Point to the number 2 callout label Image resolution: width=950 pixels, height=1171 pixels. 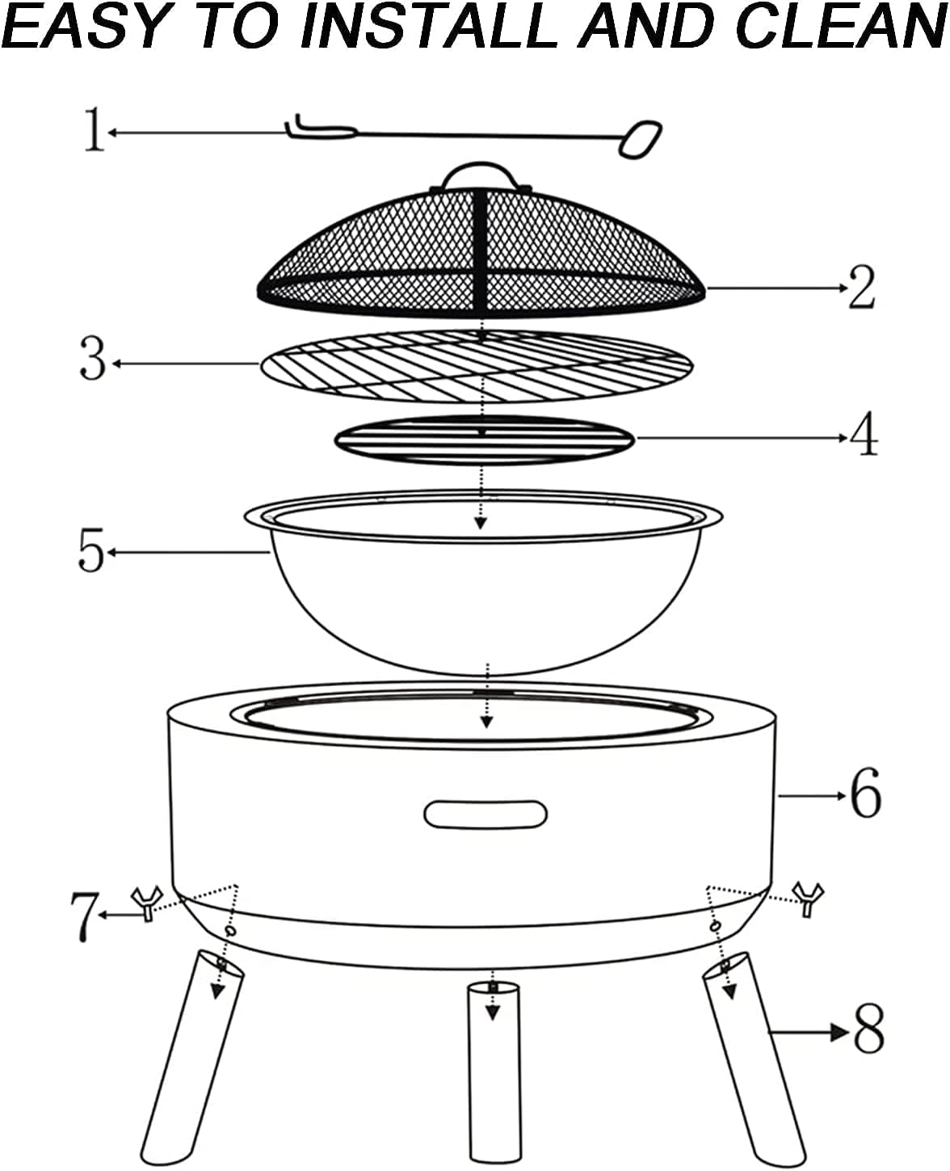[x=861, y=286]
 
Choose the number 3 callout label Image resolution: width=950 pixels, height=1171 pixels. [x=93, y=358]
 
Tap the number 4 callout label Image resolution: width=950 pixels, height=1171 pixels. [x=864, y=434]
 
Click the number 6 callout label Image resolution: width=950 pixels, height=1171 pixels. [x=866, y=793]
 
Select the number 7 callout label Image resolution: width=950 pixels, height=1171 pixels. [x=83, y=917]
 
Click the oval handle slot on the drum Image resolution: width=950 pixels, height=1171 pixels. [x=486, y=814]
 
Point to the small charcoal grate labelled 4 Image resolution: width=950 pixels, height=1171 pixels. [x=485, y=440]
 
